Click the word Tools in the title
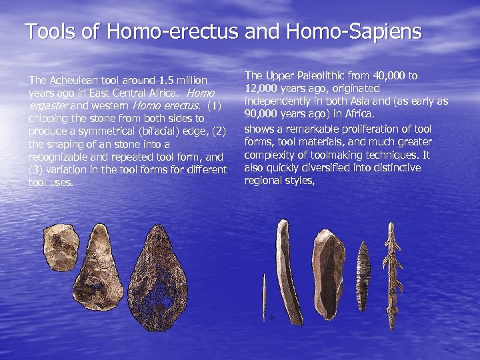(46, 31)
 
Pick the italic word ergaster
(47, 106)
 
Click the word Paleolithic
(312, 76)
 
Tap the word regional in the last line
(263, 181)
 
